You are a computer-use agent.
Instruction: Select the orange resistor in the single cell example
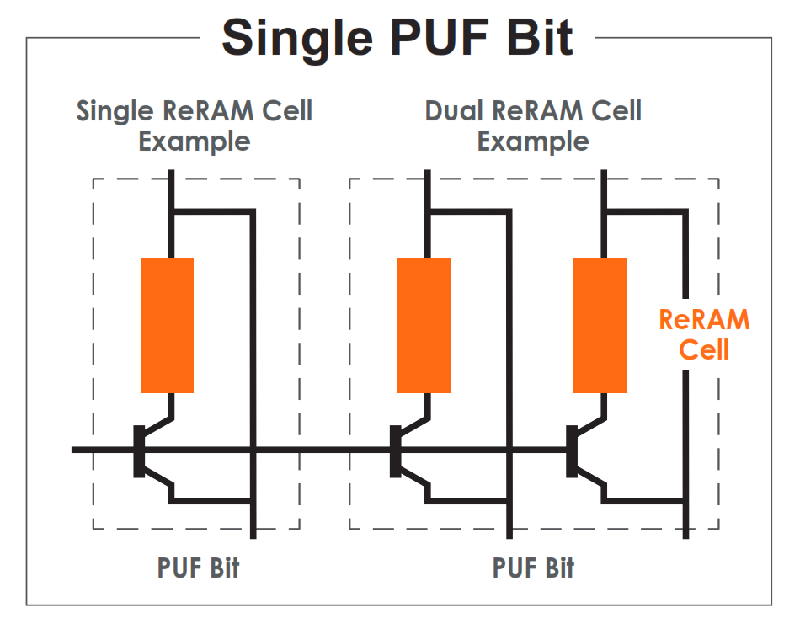(167, 325)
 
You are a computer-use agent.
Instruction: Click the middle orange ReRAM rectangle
(423, 325)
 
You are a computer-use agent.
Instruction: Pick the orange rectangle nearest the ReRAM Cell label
(600, 325)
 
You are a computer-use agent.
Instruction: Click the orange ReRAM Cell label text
(704, 334)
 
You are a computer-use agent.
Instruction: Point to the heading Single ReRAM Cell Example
(195, 125)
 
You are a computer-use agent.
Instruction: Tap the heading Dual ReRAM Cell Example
(533, 125)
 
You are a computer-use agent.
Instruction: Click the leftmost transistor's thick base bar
(139, 451)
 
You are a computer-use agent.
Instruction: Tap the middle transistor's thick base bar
(395, 451)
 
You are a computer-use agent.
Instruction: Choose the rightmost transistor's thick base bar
(572, 451)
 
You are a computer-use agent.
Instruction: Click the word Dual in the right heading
(453, 110)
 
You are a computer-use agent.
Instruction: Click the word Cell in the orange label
(704, 349)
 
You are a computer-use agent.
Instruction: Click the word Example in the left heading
(195, 141)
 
